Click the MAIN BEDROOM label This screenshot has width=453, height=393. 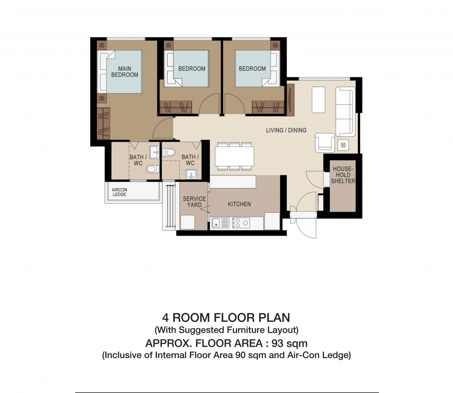click(125, 72)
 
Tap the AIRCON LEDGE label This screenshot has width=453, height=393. click(119, 192)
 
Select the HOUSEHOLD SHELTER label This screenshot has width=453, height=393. click(343, 175)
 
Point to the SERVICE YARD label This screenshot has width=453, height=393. click(194, 202)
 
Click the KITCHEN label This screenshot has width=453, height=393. click(239, 204)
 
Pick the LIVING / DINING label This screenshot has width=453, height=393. click(286, 130)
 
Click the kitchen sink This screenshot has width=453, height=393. click(221, 223)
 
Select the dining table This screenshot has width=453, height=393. click(234, 156)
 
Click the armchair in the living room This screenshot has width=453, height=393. click(325, 143)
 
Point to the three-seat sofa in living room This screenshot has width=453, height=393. click(345, 112)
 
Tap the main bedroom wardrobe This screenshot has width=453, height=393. click(103, 123)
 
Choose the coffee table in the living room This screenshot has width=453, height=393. click(318, 100)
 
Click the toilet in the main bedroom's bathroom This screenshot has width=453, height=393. click(153, 169)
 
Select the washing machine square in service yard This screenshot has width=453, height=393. click(187, 222)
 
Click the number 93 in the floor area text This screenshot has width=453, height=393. click(277, 344)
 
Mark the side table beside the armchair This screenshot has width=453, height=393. click(343, 145)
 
